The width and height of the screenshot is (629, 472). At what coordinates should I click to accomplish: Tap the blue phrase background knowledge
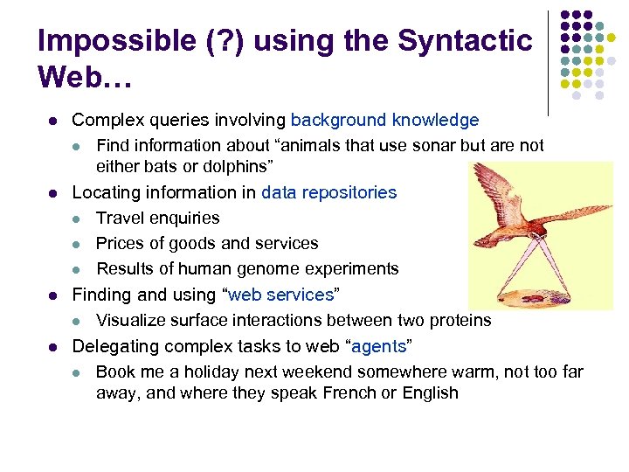(384, 121)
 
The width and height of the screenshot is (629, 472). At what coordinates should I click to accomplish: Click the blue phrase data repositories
(328, 192)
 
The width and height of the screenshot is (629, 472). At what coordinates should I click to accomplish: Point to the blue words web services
(280, 295)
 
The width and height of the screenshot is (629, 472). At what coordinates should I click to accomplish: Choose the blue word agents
(378, 346)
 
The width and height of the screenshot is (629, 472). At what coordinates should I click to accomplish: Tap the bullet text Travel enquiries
(157, 218)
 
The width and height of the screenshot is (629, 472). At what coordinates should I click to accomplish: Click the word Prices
(120, 243)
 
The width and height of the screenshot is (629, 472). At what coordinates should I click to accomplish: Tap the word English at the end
(430, 392)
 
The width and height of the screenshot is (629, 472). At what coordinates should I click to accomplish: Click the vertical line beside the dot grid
(549, 61)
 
